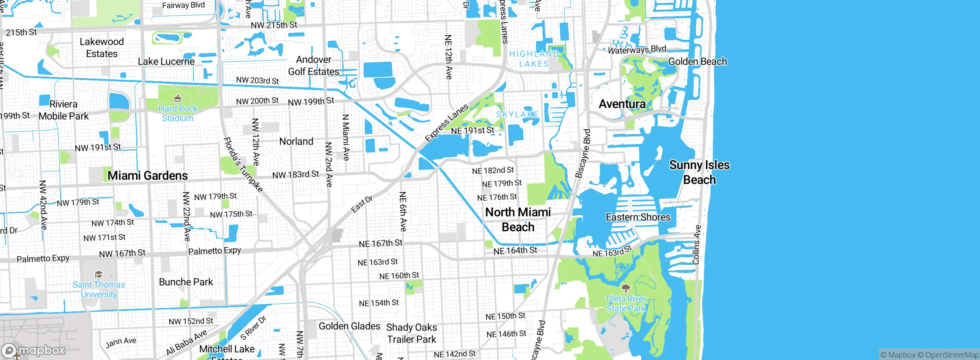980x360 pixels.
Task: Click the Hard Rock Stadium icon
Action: (177, 98)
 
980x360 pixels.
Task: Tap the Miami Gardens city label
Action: (147, 175)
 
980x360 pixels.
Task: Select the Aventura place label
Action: (622, 104)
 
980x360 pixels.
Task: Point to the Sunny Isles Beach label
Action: (699, 172)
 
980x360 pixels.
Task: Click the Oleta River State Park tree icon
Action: (626, 288)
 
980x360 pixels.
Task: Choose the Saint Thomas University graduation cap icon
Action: (98, 274)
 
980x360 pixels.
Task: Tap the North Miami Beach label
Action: (518, 219)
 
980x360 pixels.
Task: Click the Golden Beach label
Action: (697, 61)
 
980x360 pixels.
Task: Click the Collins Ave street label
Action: (696, 245)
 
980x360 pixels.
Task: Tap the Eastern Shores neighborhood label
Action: (638, 217)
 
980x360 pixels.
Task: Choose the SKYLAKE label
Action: (517, 114)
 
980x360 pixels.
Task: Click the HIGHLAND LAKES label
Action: (534, 59)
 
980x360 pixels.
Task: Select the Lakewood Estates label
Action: (101, 47)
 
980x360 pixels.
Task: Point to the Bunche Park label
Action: (186, 282)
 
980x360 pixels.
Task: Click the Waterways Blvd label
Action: (637, 49)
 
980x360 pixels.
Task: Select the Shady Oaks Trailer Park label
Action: (411, 333)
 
